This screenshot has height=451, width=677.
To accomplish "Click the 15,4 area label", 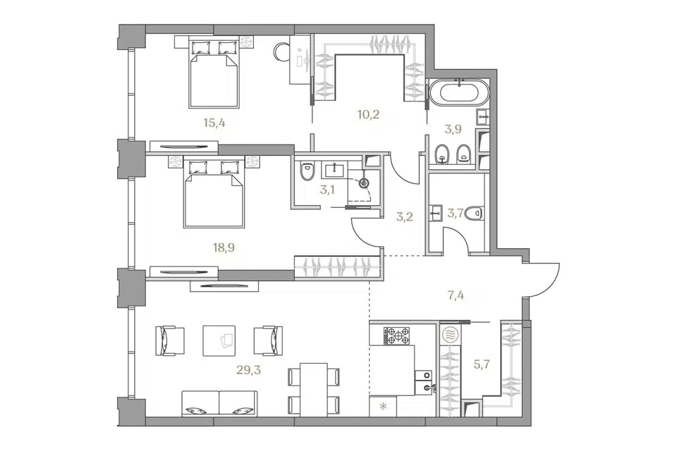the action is tap(214, 123).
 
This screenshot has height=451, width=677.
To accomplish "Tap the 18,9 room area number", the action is tap(224, 247).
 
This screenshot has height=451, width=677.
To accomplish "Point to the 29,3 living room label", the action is tap(249, 370).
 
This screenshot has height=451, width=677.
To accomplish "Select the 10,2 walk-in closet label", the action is tap(368, 115).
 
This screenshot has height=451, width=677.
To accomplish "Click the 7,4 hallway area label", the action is tap(456, 296).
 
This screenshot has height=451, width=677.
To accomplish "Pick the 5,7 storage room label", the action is tap(482, 365).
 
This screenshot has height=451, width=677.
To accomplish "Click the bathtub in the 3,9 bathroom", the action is tap(459, 92).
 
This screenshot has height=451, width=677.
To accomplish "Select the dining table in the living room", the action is tap(313, 390).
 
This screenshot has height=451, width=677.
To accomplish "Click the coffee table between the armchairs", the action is tap(219, 340).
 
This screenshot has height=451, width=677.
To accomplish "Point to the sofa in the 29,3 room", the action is tap(219, 404).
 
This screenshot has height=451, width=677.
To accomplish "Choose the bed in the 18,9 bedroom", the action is tap(214, 193).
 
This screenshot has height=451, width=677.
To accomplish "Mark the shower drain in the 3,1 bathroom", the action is tap(365, 183).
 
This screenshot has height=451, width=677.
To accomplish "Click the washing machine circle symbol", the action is tap(450, 334).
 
